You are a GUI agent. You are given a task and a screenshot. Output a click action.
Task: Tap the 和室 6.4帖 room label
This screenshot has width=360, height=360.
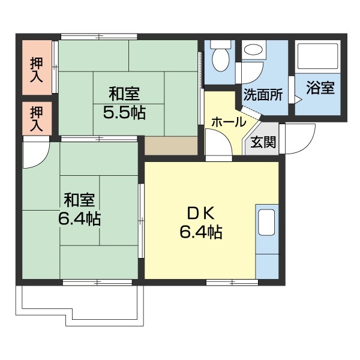79,209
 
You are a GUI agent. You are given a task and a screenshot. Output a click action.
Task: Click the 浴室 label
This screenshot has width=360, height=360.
320,89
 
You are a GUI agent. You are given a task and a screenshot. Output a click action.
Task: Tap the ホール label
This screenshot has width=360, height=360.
227,122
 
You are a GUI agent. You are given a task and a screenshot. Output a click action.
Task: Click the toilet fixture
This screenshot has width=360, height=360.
221,55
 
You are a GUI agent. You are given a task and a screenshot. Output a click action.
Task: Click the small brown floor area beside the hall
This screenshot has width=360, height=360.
172,146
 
